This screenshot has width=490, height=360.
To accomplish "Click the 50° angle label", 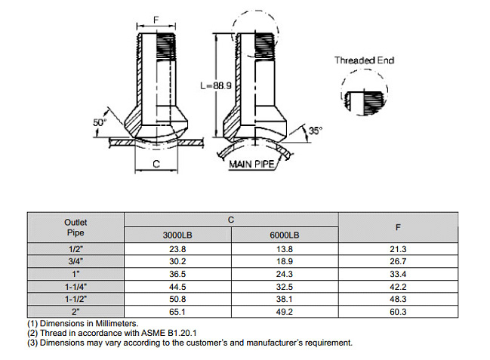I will coord(100,121).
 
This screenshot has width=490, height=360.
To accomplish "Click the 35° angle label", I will coord(316,130).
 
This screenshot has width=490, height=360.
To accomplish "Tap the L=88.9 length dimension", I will coord(217,85).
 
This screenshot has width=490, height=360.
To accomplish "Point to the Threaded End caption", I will coord(364,60).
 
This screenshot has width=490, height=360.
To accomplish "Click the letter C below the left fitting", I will coord(156,163).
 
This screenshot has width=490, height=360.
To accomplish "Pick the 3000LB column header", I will coord(177,235).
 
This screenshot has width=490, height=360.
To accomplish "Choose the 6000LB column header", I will coord(285,235).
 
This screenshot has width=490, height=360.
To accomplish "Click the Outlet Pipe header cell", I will coord(76,227).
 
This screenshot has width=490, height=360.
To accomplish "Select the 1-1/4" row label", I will coord(76,287).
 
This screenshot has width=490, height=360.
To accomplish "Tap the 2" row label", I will coord(76,311).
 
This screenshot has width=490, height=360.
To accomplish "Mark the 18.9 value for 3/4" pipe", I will coord(285,262).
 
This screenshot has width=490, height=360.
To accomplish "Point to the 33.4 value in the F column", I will coord(397,274).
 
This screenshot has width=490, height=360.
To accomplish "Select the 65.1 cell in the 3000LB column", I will coord(177,311).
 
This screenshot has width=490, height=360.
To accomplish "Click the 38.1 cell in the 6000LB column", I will coord(285,299).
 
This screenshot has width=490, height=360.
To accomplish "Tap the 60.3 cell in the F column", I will coord(397,311).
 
